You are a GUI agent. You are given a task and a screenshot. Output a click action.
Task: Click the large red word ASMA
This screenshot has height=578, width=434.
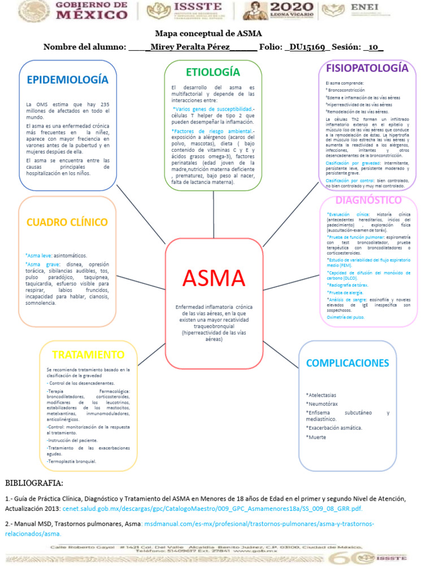(214, 278)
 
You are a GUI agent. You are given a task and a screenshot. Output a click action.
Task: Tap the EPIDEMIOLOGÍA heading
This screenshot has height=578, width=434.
(67, 79)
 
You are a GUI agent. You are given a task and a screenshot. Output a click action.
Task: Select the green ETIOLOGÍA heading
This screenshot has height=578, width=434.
(213, 72)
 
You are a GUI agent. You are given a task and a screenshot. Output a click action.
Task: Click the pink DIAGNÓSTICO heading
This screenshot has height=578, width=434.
(368, 200)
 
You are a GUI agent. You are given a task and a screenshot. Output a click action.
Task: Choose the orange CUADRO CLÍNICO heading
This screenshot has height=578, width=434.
(67, 222)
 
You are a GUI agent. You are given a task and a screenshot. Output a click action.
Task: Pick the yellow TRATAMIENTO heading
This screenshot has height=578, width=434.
(88, 354)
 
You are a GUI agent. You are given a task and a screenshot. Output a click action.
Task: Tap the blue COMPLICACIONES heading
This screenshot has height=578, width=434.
(348, 363)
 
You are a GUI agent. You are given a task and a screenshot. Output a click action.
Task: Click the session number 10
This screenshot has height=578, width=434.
(372, 46)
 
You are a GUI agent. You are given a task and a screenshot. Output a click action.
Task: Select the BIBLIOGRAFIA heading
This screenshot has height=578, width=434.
(34, 483)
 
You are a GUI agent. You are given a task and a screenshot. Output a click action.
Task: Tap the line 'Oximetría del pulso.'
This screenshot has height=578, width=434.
(346, 317)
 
